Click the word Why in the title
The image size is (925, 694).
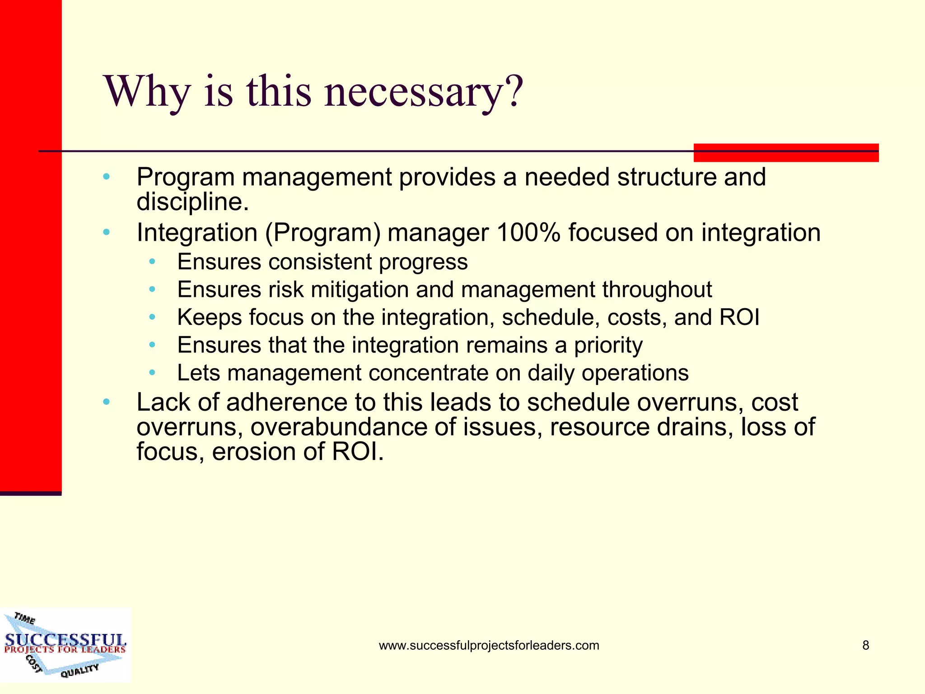click(x=147, y=93)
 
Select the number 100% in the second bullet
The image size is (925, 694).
click(x=528, y=233)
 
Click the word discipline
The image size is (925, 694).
click(x=192, y=202)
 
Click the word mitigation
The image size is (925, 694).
click(x=360, y=290)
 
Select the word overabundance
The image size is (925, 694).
click(x=338, y=427)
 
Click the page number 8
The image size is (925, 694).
click(x=865, y=645)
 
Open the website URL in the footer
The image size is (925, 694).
click(x=489, y=645)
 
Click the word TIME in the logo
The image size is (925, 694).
click(x=24, y=619)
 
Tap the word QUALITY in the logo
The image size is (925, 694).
click(x=79, y=671)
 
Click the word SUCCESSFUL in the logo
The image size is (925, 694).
click(x=65, y=640)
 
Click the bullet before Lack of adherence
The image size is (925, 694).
click(x=106, y=402)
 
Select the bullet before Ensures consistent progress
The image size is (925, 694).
click(x=152, y=262)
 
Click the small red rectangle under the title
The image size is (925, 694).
click(x=786, y=153)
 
